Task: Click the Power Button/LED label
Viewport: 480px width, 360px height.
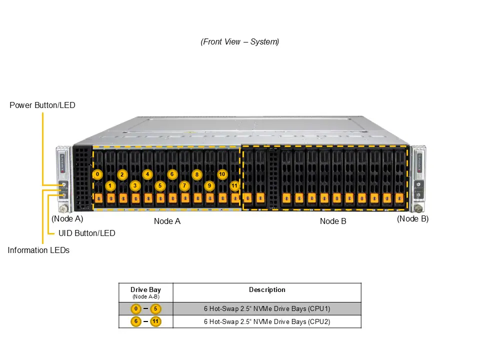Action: pos(42,105)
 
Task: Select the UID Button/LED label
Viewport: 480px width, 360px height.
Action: pos(87,233)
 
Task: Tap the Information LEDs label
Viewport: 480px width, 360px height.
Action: pos(38,250)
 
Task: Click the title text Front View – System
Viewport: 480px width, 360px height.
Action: pos(240,42)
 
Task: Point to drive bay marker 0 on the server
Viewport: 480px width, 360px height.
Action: pos(97,174)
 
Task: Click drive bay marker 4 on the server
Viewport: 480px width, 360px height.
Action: pos(147,174)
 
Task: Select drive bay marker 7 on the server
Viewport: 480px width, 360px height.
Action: pos(184,186)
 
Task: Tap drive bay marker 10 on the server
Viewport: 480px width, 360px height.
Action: pos(222,174)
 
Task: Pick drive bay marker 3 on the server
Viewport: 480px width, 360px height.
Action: pos(134,186)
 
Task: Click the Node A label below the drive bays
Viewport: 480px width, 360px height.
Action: pos(167,221)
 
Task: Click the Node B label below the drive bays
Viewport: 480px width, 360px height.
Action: pos(333,221)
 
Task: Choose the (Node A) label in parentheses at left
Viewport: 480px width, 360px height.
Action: pos(67,219)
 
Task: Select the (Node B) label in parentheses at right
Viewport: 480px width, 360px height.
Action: pos(412,219)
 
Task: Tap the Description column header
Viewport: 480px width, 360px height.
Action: pos(267,290)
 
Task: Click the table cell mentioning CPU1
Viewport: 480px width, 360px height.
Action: pos(267,309)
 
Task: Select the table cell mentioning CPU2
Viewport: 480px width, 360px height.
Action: pos(267,321)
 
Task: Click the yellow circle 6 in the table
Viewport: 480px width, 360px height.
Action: pos(135,321)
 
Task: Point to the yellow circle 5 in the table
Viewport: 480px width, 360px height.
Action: pos(155,309)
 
